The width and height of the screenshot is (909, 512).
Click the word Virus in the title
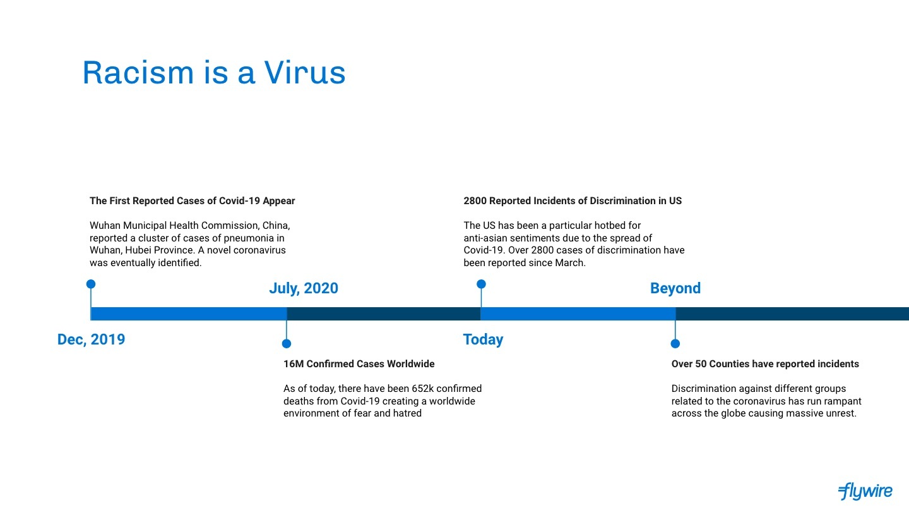coord(305,73)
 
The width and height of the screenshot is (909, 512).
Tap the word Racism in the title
coord(138,73)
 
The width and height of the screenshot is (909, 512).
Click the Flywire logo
coord(865,492)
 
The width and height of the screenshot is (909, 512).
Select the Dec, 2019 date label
coord(91,339)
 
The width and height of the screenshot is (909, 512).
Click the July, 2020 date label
coord(304,288)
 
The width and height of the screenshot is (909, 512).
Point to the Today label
coord(483,339)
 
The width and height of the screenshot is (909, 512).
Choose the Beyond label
coord(675,288)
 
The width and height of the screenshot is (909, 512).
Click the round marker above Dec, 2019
coord(91,284)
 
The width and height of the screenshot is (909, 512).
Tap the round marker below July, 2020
coord(287,344)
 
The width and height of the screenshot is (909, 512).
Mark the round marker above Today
coord(481,284)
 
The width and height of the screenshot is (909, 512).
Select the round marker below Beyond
coord(675,344)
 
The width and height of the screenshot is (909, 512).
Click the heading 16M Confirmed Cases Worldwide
coord(359,363)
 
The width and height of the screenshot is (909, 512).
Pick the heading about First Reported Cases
coord(192,201)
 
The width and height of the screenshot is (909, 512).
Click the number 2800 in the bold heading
coord(475,201)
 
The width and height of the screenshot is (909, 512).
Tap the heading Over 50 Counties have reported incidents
coord(765,363)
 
